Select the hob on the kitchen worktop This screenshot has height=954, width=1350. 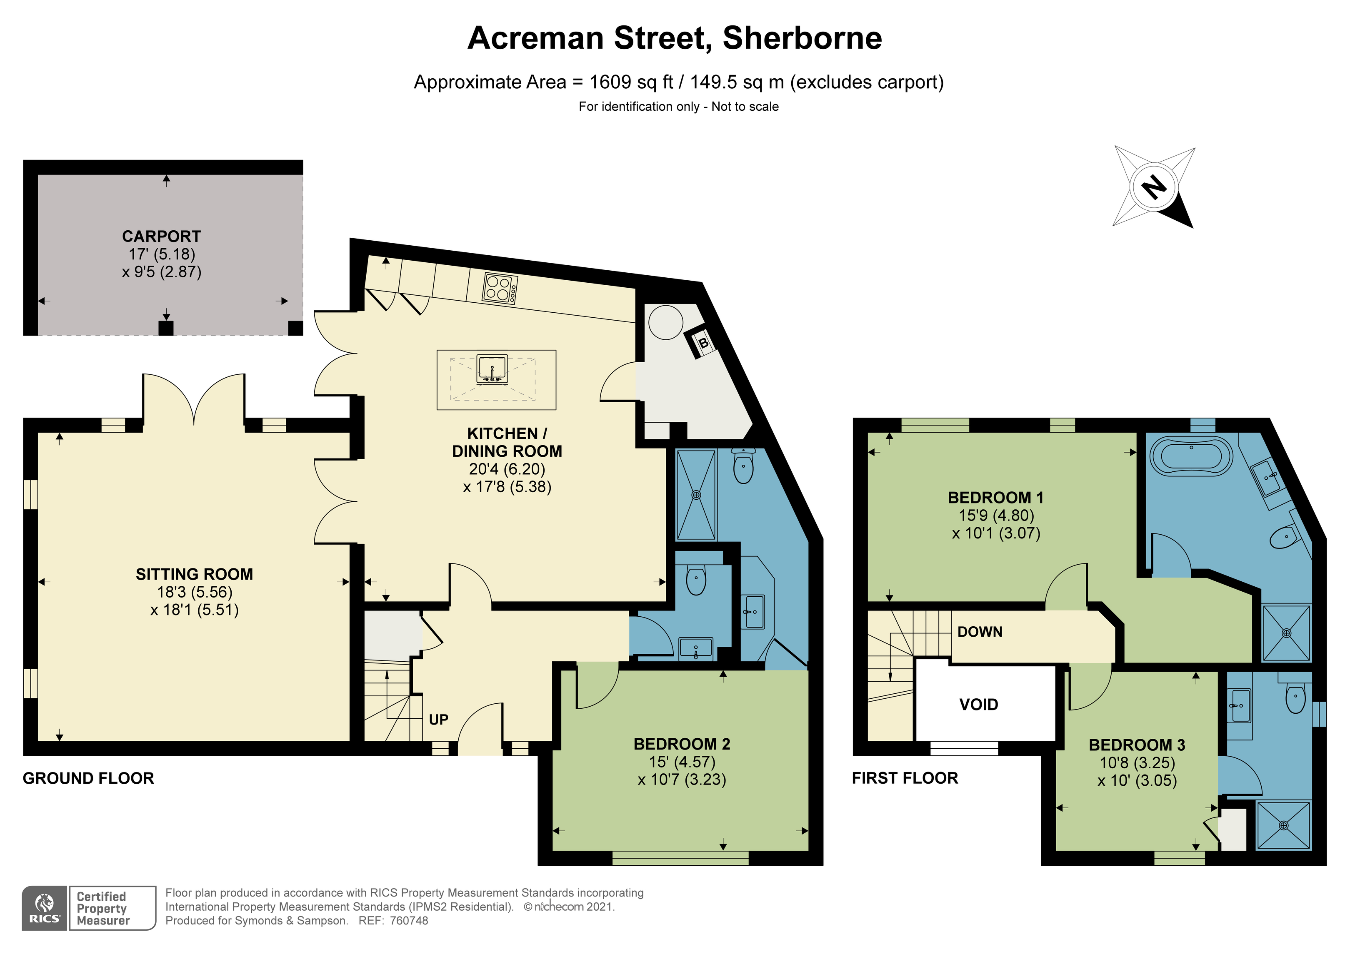pyautogui.click(x=500, y=289)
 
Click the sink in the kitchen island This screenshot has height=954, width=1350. pyautogui.click(x=492, y=369)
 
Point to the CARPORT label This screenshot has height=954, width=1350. pyautogui.click(x=161, y=236)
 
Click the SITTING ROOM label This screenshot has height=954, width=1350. pyautogui.click(x=194, y=574)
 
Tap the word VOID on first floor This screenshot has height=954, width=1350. pyautogui.click(x=978, y=704)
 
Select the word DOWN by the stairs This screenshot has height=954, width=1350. pyautogui.click(x=980, y=632)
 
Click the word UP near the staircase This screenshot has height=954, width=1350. pyautogui.click(x=438, y=720)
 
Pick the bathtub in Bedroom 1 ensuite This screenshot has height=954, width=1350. pyautogui.click(x=1191, y=456)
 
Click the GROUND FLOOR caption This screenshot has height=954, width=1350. pyautogui.click(x=88, y=778)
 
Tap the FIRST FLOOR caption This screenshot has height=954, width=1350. pyautogui.click(x=904, y=778)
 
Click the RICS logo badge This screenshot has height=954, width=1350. pyautogui.click(x=45, y=908)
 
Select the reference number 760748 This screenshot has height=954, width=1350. pyautogui.click(x=409, y=921)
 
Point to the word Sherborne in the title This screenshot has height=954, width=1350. pyautogui.click(x=802, y=38)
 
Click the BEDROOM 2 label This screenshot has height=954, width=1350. pyautogui.click(x=682, y=744)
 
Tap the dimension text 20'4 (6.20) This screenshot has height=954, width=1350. pyautogui.click(x=507, y=469)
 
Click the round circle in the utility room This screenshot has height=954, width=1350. pyautogui.click(x=665, y=322)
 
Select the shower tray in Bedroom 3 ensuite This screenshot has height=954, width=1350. pyautogui.click(x=1284, y=825)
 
